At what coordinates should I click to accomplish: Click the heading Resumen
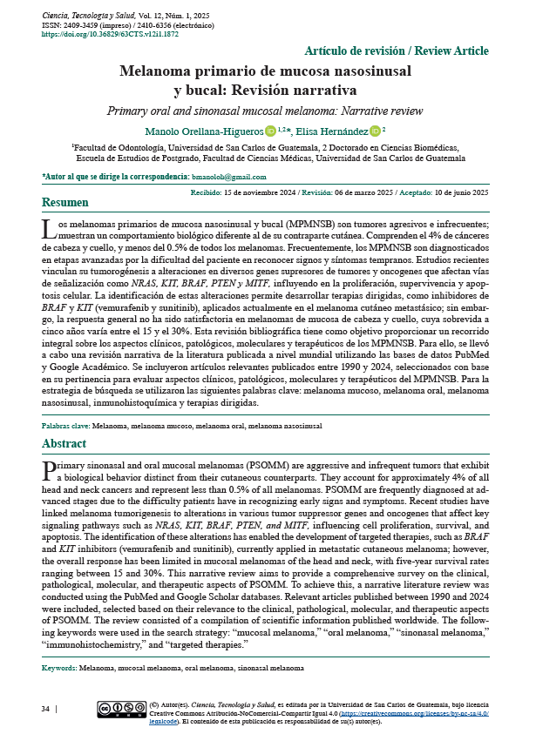[64, 204]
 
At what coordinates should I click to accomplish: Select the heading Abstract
[64, 444]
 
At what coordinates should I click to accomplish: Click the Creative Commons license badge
[121, 710]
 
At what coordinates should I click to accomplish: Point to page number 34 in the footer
[45, 710]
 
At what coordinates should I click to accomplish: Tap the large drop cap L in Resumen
[50, 229]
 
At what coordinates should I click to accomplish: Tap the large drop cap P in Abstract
[50, 470]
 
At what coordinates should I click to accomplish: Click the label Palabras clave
[64, 426]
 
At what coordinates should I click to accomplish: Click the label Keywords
[58, 668]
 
